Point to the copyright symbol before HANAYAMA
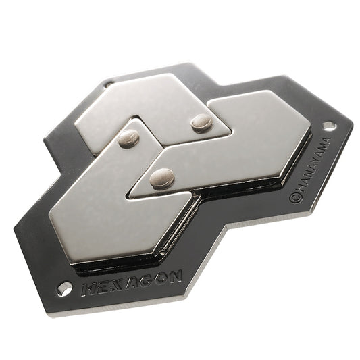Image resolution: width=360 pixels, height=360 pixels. point(295,198)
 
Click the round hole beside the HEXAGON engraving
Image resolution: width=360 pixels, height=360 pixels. point(64,288)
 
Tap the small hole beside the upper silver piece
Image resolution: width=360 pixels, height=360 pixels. point(108,84)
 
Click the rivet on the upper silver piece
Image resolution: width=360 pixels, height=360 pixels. point(201,122)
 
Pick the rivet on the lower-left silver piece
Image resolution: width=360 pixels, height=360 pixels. point(129,138)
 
